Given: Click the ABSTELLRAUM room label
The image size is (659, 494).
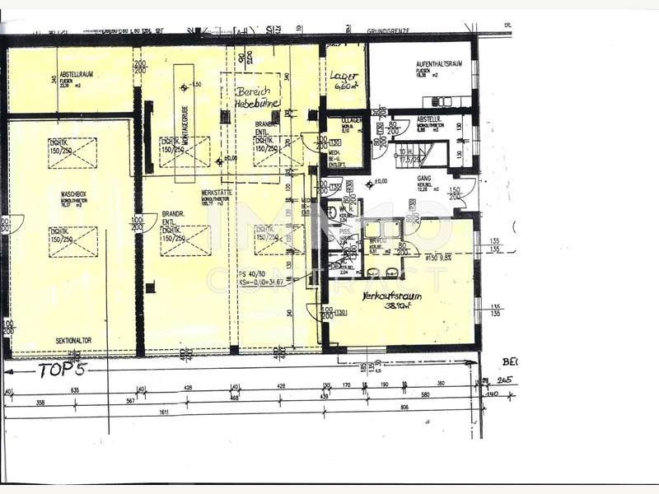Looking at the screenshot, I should point(76,73).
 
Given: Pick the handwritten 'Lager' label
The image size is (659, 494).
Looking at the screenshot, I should point(344,80).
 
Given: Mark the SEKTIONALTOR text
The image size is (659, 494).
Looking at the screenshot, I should point(72,340).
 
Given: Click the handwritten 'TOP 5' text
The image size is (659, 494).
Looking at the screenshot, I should point(63,370).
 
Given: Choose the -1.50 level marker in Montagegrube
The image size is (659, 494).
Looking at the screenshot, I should point(194,86).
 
